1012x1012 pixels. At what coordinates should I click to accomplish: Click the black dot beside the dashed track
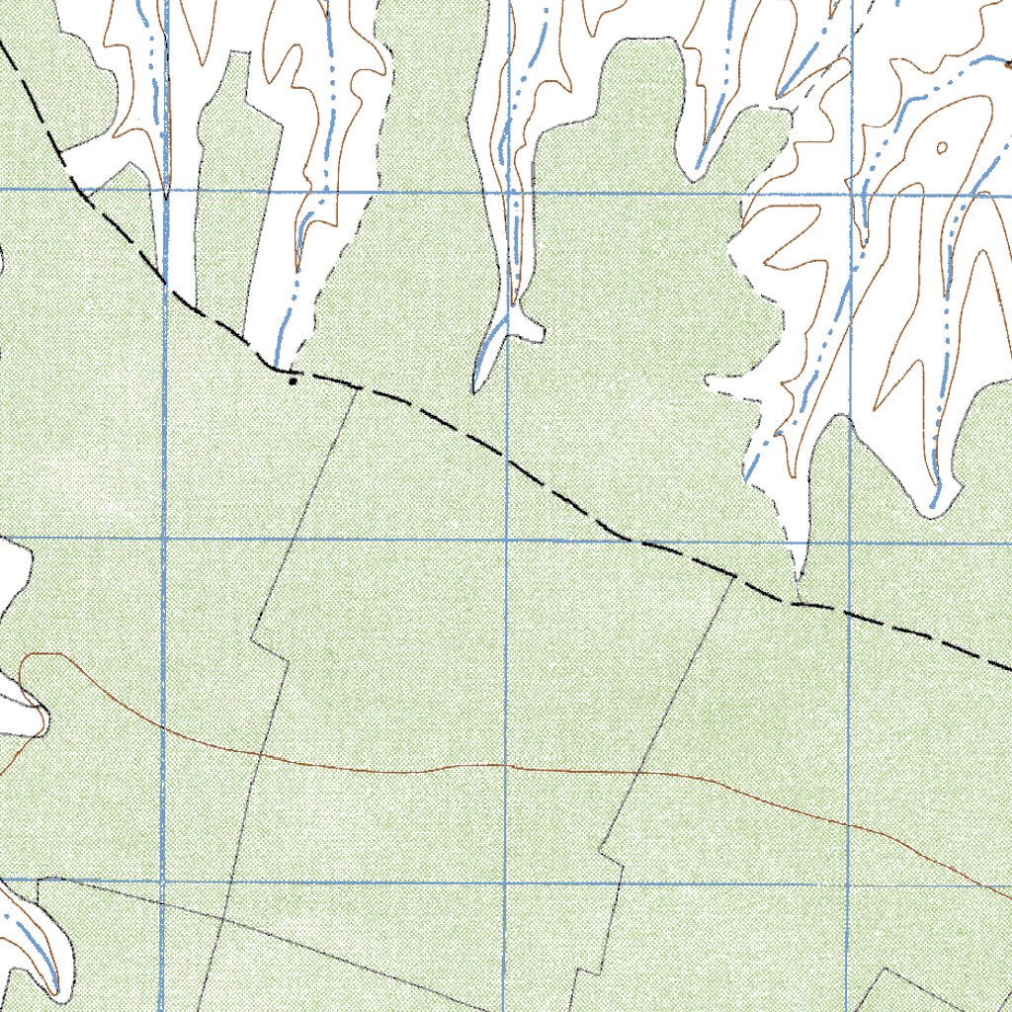293,379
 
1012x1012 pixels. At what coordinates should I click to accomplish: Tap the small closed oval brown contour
941,148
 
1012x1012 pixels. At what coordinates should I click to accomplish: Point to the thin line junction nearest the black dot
359,388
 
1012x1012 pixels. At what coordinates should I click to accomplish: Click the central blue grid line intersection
507,540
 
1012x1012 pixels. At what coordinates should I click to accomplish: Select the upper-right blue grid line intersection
852,195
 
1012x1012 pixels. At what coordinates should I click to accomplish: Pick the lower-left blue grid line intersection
162,880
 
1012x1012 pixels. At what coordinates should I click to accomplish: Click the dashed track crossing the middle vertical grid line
507,461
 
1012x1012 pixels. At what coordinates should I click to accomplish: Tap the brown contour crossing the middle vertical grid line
507,765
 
